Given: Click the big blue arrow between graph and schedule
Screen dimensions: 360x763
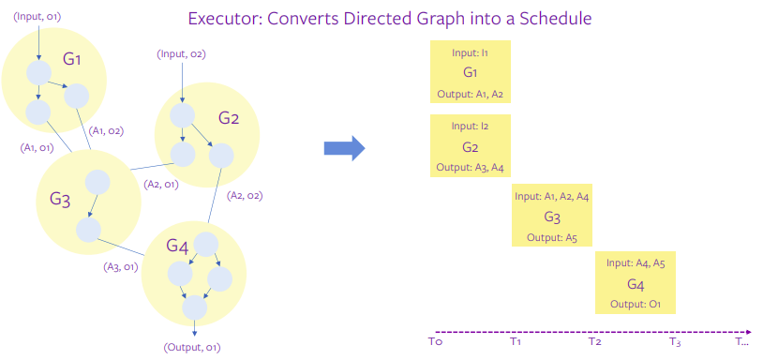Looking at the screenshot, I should [343, 148].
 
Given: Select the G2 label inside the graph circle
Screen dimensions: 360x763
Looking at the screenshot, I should [229, 118].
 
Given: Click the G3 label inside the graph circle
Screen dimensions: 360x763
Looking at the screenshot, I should [61, 199].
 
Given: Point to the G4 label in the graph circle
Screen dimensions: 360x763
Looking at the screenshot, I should [178, 246].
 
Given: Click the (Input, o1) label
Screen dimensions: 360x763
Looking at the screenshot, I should [38, 15].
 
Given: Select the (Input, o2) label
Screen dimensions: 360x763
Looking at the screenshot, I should [181, 53].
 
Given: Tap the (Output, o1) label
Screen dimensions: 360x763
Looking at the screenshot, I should [192, 348].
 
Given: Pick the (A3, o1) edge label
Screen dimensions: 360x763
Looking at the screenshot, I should [121, 267].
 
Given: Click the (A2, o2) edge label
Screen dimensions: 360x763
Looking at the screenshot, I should [245, 196].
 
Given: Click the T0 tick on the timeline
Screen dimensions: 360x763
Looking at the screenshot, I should [434, 342].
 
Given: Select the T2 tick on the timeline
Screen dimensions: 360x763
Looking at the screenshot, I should [595, 342].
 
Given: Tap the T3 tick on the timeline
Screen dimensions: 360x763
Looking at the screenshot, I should [675, 342].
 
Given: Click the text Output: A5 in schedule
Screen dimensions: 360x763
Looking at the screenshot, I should [551, 238].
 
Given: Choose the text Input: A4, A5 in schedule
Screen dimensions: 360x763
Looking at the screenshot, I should [636, 263].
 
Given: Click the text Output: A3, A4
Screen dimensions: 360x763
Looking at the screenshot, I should [471, 168].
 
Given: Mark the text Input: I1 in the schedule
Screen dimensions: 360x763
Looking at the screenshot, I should [471, 53].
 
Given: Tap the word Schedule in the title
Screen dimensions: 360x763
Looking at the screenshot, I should [559, 18].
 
